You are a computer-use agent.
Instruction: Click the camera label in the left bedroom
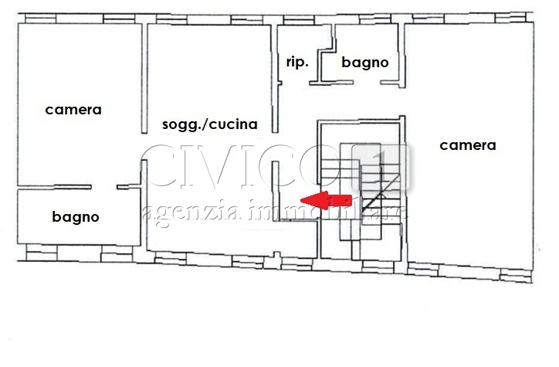pyautogui.click(x=73, y=110)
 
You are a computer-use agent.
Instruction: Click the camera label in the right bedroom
pyautogui.click(x=468, y=144)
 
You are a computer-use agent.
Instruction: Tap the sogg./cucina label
pyautogui.click(x=209, y=124)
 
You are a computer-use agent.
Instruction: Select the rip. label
pyautogui.click(x=297, y=62)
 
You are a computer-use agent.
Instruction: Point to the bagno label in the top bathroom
pyautogui.click(x=364, y=63)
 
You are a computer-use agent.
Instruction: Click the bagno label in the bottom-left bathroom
pyautogui.click(x=76, y=217)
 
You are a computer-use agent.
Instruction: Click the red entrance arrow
pyautogui.click(x=325, y=200)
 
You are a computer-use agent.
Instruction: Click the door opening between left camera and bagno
pyautogui.click(x=104, y=188)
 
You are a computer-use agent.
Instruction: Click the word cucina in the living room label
pyautogui.click(x=233, y=124)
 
